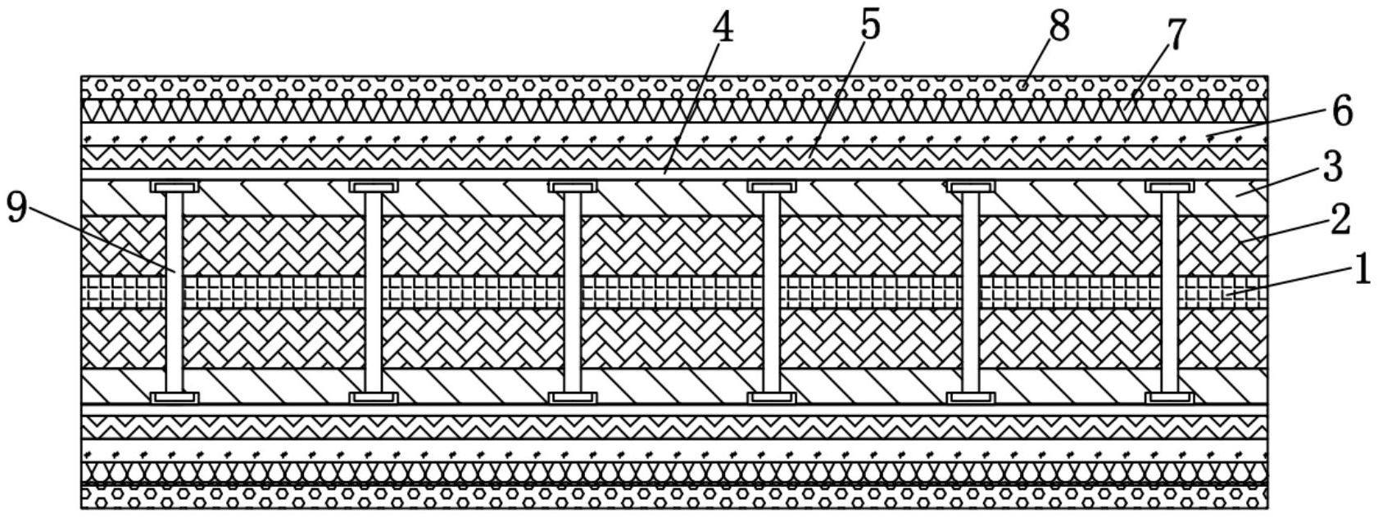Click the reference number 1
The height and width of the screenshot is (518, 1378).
(x=1361, y=269)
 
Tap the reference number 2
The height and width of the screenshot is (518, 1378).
(x=1339, y=219)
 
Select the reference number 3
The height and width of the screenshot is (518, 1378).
(x=1333, y=167)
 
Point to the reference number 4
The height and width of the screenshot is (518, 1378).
(x=723, y=28)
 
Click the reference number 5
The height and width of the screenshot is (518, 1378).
(x=870, y=25)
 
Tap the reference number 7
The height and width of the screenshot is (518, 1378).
(x=1176, y=36)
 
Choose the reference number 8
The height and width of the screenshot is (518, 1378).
(x=1058, y=26)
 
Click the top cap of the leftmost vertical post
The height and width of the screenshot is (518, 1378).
(x=175, y=187)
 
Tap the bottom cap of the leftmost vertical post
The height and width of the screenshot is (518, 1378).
(x=175, y=398)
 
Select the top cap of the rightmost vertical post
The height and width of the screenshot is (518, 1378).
(x=1169, y=187)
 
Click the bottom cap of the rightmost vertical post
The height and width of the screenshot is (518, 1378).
(x=1169, y=398)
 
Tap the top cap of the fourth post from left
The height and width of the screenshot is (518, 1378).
(x=772, y=187)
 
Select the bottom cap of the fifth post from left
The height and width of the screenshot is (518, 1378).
(x=971, y=398)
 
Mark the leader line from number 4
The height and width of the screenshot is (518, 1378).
(x=692, y=106)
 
